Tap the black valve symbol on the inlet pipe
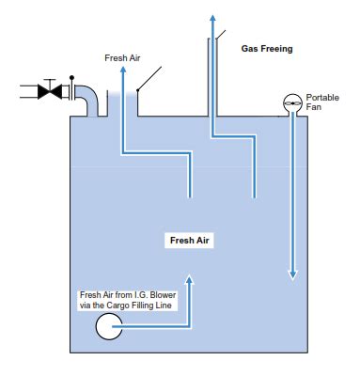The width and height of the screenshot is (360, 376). point(49,91)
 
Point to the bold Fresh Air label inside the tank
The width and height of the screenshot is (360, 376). point(191,241)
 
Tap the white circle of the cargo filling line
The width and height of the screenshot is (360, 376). point(108,326)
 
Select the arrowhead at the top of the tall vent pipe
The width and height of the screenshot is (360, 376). point(211,18)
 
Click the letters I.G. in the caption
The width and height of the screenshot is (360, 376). point(133,296)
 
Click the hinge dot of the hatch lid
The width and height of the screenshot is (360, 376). point(137,90)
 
